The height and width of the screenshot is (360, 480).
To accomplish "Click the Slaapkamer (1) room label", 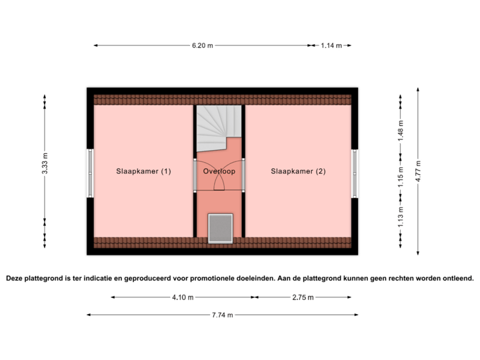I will pos(143,171).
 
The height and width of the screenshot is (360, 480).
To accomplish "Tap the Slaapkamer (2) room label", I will pos(298,171).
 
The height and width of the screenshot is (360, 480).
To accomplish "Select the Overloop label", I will pos(219,171).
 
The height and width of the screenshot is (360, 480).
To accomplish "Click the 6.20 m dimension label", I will pos(203,45).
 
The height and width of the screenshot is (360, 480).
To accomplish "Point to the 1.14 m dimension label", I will pos(331,45).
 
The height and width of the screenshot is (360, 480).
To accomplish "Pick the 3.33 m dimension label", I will pos(45,163).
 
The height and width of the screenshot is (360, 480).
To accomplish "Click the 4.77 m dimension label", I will pos(418,171).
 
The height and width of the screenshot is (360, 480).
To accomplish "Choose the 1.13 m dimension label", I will pos(401,217).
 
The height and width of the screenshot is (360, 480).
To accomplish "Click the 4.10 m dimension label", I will pos(183,297).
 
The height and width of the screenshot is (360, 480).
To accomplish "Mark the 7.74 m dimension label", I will pos(222,315).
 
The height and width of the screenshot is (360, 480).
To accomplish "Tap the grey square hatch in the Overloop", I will pos(219,227).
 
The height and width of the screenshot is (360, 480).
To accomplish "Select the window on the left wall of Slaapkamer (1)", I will pos(89,173).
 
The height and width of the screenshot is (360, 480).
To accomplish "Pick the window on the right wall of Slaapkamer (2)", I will pos(355,172).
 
